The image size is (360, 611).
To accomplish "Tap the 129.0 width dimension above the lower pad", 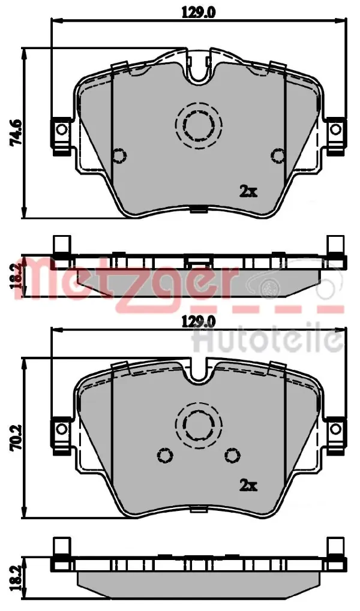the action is tap(199, 322).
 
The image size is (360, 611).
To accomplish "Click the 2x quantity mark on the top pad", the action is tap(248, 191).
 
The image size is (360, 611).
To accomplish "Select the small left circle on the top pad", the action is tap(119, 155).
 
